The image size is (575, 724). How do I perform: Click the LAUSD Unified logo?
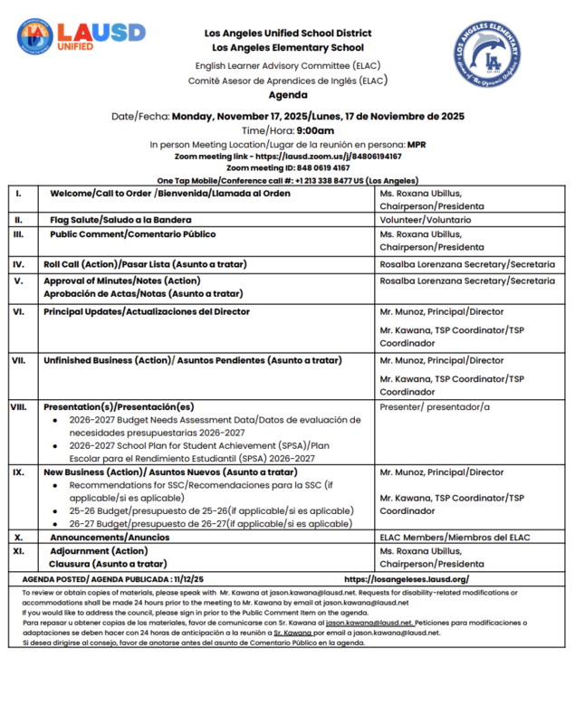pos(81,35)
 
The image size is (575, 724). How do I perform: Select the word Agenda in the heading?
pos(287,95)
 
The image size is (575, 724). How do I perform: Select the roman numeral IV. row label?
pos(18,264)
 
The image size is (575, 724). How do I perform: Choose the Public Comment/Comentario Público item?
pos(132,234)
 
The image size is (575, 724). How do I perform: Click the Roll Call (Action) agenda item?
pos(143,264)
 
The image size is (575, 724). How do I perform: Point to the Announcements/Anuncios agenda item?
pos(110,537)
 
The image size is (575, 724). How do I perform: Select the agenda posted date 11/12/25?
pos(186,579)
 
